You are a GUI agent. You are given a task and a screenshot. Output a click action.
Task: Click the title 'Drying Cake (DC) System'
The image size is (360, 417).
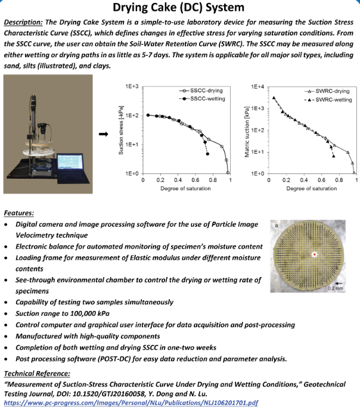179,8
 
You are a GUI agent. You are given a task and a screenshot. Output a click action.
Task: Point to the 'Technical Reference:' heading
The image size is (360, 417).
37,374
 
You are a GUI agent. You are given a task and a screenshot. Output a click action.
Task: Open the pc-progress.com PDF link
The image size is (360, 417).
131,403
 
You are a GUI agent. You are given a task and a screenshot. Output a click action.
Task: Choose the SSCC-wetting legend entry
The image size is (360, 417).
206,98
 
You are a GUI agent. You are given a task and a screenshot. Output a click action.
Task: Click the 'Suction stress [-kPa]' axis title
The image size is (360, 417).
120,130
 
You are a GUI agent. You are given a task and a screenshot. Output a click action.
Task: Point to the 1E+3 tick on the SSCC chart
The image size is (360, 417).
132,87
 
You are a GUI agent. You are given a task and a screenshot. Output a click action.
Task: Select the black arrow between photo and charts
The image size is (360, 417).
103,134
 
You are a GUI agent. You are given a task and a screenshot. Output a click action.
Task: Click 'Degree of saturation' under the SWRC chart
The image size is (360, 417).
312,188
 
